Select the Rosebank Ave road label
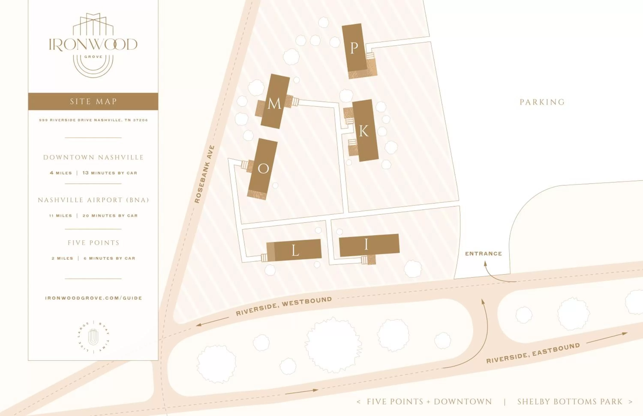[x=204, y=174]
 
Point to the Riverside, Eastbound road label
[x=533, y=353]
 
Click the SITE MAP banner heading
[x=93, y=102]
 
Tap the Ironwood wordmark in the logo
[x=93, y=45]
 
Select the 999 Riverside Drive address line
[x=93, y=120]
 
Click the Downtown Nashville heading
[x=93, y=157]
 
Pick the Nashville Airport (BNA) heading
[x=93, y=200]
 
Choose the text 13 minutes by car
[x=110, y=173]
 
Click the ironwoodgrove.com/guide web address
[x=93, y=298]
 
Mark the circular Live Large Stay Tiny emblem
[x=93, y=337]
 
